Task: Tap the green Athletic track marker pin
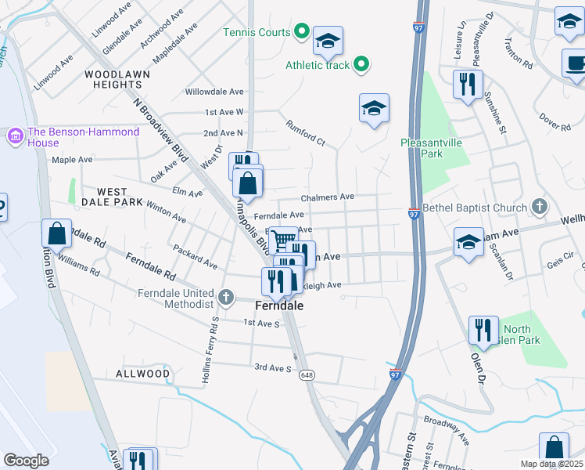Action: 361,65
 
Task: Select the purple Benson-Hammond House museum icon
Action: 15,137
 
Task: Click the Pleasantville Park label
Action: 432,148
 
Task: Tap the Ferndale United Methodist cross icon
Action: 226,297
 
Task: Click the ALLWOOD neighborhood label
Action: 143,374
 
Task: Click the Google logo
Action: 26,461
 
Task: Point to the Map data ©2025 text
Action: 551,464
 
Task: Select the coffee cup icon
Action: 576,63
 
